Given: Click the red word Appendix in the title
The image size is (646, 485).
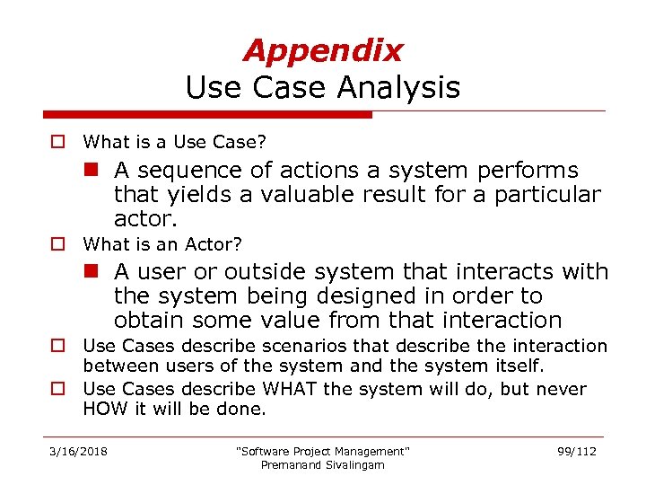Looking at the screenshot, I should [322, 51].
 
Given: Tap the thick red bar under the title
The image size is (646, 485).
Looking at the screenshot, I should [207, 115].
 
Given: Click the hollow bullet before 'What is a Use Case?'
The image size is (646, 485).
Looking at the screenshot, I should [57, 142].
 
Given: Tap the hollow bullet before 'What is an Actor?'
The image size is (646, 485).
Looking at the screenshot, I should [57, 244].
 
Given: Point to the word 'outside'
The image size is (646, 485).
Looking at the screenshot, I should [266, 272].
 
